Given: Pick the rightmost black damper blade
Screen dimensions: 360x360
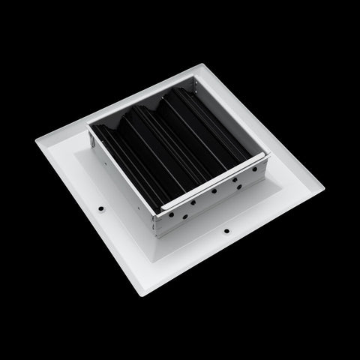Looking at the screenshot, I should click(x=225, y=127).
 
